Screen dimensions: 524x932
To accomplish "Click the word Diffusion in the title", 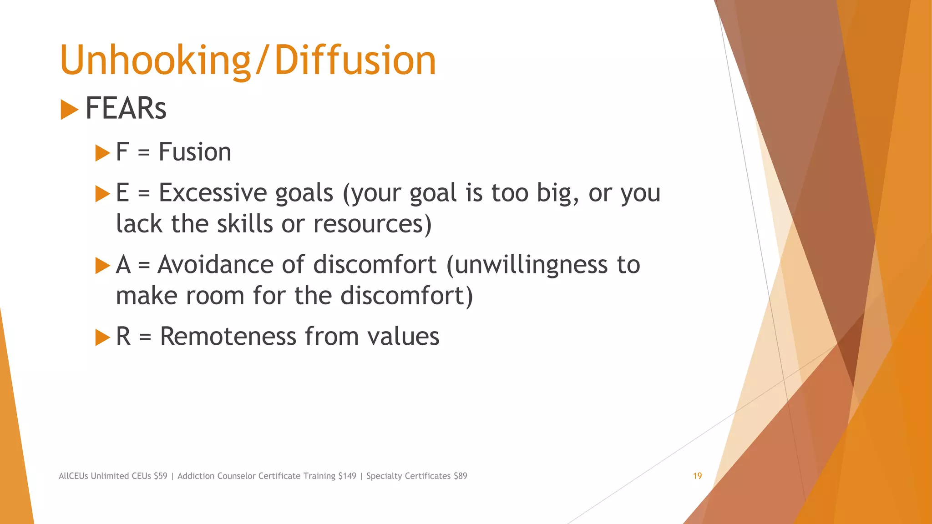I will click(x=355, y=60).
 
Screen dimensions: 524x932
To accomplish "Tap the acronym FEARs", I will click(x=126, y=109).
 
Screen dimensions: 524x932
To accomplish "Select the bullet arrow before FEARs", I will click(x=69, y=110).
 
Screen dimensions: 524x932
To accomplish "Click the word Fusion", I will click(x=195, y=152).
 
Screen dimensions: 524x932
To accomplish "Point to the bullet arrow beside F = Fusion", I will click(x=102, y=153).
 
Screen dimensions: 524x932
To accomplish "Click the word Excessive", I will click(x=213, y=193).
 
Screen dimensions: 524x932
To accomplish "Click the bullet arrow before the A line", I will click(x=102, y=266).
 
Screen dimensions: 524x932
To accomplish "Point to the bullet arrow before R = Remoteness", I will click(x=102, y=338).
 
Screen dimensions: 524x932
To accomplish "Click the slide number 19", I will click(x=697, y=476).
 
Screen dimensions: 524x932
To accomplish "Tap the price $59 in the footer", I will click(x=160, y=476).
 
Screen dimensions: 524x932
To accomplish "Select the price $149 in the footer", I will click(x=347, y=476).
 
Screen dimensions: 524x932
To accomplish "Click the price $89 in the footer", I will click(x=460, y=476).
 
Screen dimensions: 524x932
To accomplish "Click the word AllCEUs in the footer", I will click(x=73, y=476).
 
